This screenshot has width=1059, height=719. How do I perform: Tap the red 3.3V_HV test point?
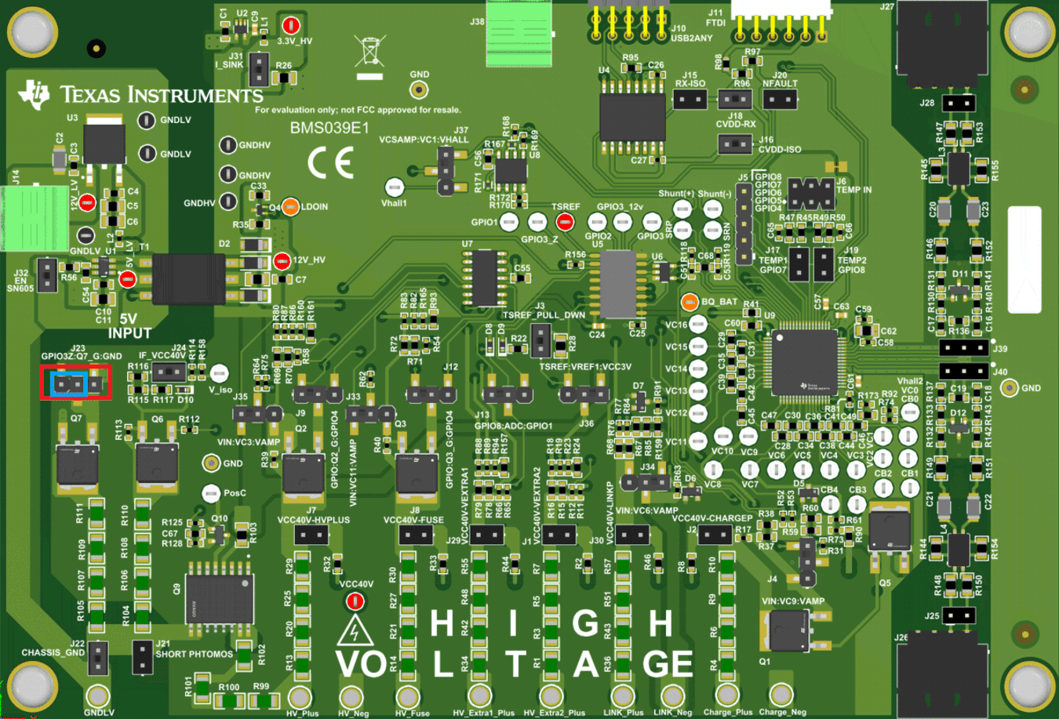291,25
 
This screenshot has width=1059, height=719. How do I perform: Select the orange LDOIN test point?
290,206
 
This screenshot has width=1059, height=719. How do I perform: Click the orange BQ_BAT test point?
690,301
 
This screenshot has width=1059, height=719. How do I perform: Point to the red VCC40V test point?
355,601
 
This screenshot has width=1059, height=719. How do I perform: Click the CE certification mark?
330,163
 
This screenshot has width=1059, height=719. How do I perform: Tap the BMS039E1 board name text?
329,128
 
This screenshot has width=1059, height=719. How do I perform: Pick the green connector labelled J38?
518,33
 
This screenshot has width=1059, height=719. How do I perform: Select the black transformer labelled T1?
188,278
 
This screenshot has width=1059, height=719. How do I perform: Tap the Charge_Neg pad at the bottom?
781,695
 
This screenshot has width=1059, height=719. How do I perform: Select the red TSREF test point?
563,223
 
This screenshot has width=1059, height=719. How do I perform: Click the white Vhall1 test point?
394,187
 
